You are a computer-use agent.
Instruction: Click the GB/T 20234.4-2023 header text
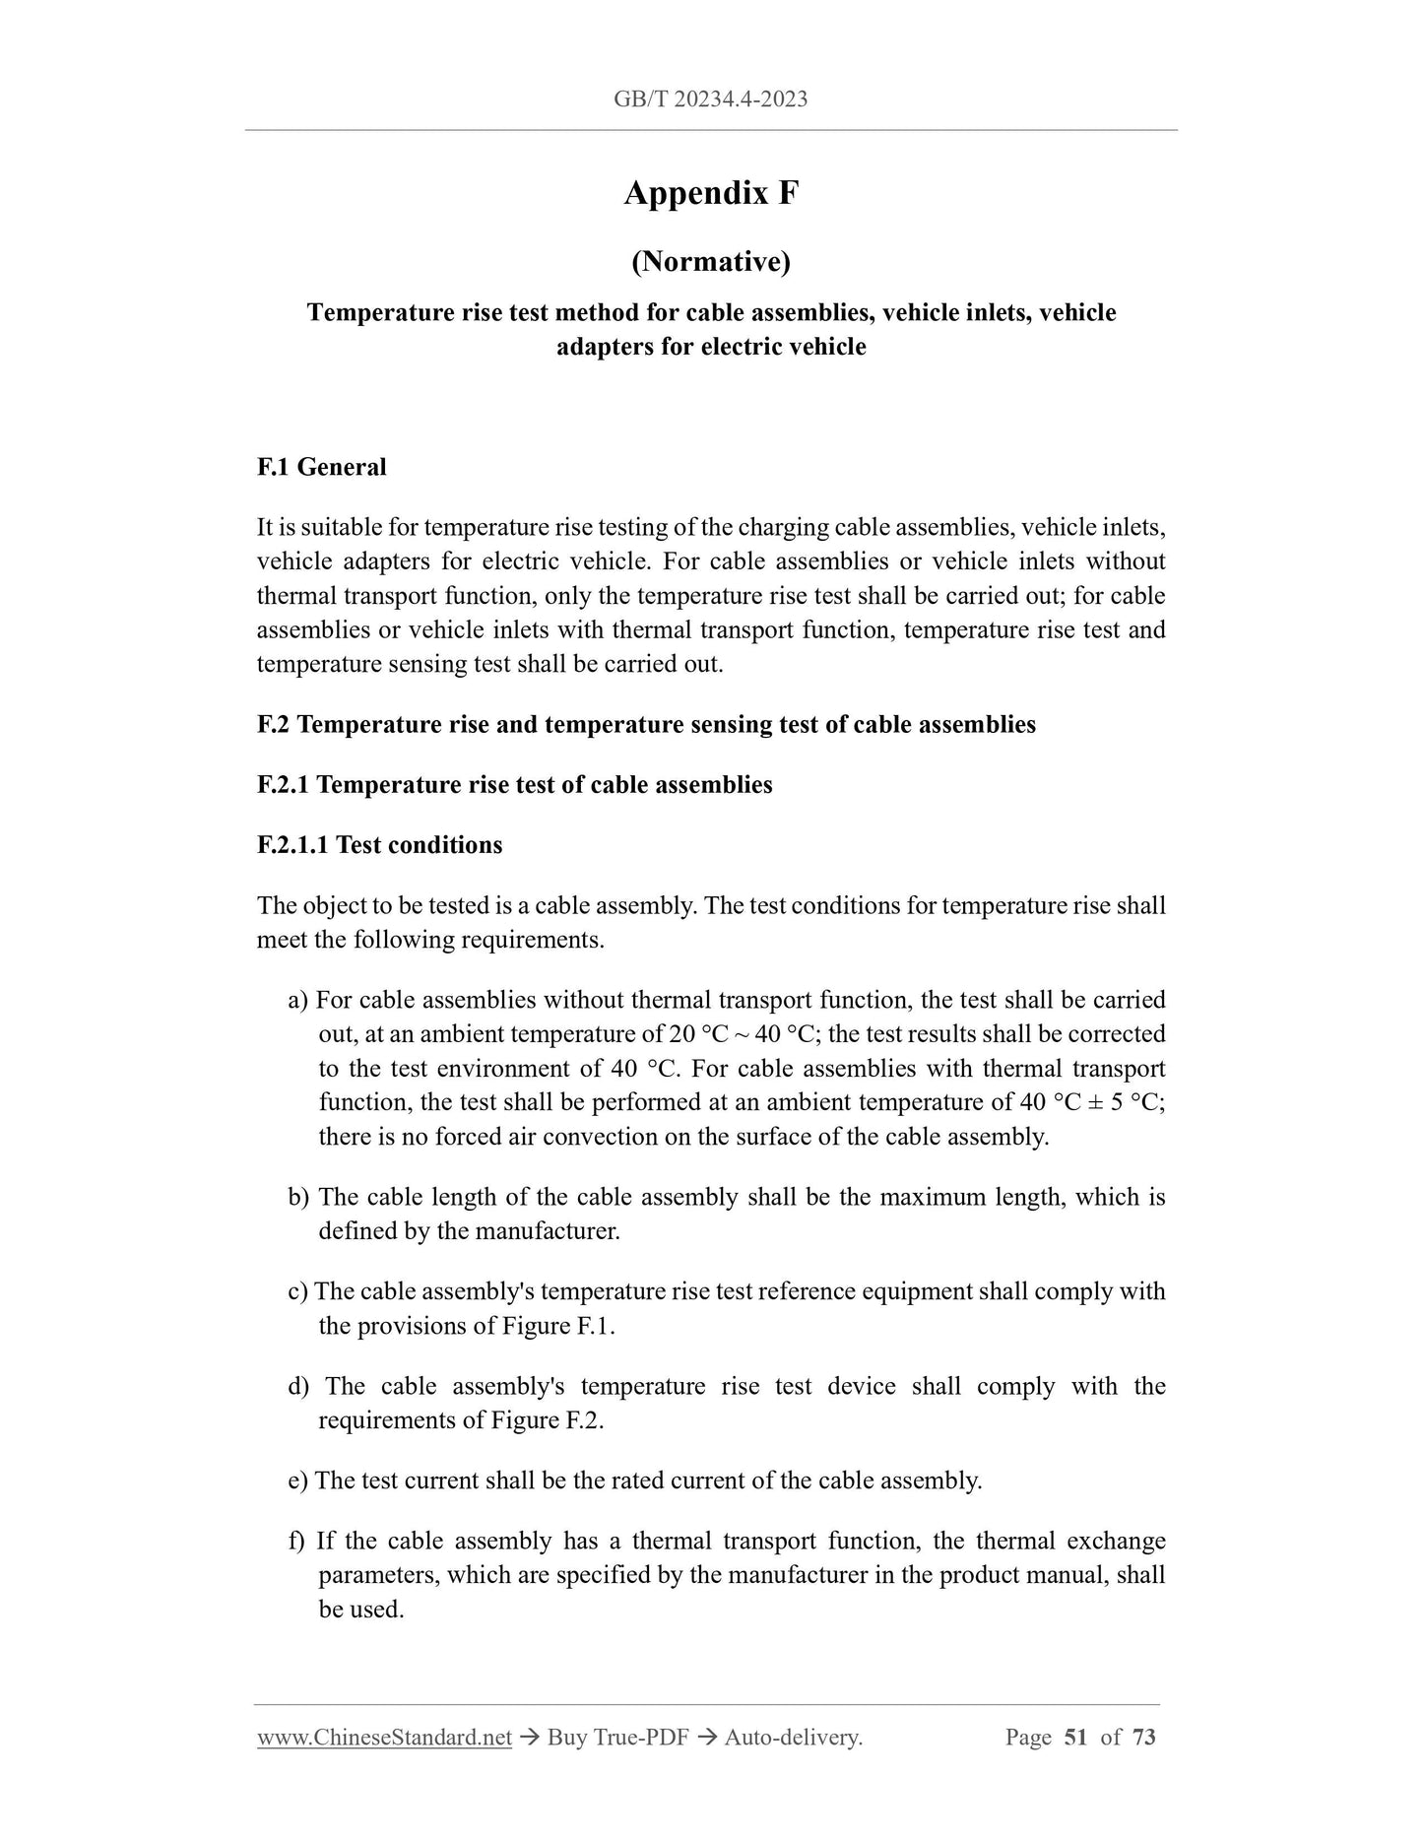click(x=710, y=99)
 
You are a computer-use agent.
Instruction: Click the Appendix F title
click(x=711, y=193)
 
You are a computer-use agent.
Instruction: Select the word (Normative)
click(x=711, y=261)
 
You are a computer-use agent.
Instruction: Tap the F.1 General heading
click(x=321, y=467)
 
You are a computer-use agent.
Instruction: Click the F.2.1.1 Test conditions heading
click(x=379, y=845)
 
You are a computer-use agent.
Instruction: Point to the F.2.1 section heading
click(x=514, y=785)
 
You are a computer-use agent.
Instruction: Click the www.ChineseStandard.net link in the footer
click(x=384, y=1738)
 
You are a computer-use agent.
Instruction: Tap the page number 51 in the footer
click(x=1075, y=1738)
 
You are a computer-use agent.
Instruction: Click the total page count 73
click(x=1143, y=1738)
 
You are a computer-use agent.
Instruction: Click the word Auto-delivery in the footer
click(x=793, y=1738)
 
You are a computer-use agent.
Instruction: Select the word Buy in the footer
click(x=566, y=1738)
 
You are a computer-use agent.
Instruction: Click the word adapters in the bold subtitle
click(x=602, y=347)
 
